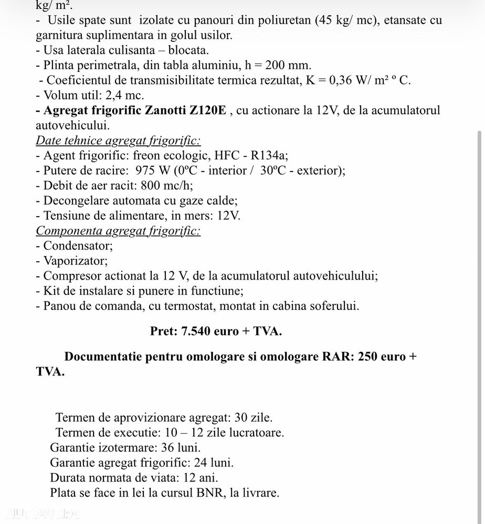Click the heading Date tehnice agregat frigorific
click(x=118, y=141)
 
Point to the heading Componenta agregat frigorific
click(x=118, y=231)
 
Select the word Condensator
click(x=78, y=245)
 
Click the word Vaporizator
click(x=76, y=261)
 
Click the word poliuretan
click(x=286, y=20)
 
